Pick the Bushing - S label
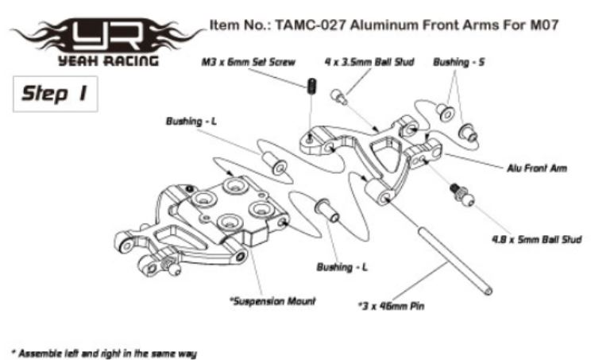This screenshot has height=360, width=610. click(459, 61)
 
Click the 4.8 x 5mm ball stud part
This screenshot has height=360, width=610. click(458, 193)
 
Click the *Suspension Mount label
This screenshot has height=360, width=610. click(272, 301)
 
